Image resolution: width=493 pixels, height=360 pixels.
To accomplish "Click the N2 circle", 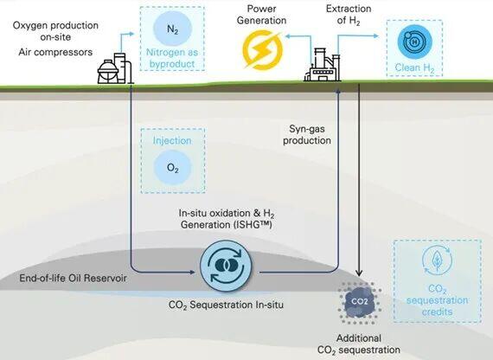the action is coord(172,29).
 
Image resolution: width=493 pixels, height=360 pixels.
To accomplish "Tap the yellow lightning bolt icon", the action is coord(263,50).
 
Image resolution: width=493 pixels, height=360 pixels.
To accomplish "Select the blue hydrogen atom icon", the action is coord(414,42).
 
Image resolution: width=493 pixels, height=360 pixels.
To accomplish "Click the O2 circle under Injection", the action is coord(172,167).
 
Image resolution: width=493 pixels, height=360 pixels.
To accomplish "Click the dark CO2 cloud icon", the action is coord(359,302).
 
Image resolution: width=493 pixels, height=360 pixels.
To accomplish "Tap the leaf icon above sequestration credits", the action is coord(437,260).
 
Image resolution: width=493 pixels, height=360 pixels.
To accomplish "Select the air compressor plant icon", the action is coord(115,68).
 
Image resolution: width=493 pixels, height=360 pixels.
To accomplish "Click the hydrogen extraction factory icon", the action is coord(323,65).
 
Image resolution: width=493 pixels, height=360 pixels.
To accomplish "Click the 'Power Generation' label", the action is coord(261,15).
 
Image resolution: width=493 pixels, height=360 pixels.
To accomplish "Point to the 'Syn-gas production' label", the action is coord(307,135).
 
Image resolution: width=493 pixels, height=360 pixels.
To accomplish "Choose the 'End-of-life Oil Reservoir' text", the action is coord(73,278).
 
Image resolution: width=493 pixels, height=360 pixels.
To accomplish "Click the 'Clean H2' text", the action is coord(414,68).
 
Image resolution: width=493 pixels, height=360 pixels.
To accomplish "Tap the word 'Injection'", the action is coord(172,140).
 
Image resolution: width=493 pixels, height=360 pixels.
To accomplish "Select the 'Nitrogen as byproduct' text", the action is coord(172,58).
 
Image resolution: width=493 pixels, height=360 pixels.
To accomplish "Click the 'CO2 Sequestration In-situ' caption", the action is coord(226,305).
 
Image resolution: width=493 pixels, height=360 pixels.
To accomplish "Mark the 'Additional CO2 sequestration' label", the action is coord(359,344).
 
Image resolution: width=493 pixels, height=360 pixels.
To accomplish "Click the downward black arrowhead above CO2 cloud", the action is coord(360,273).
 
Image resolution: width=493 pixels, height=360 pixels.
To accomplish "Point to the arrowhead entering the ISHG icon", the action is coord(193,272).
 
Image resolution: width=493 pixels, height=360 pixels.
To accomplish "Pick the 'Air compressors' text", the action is coord(55,52).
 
